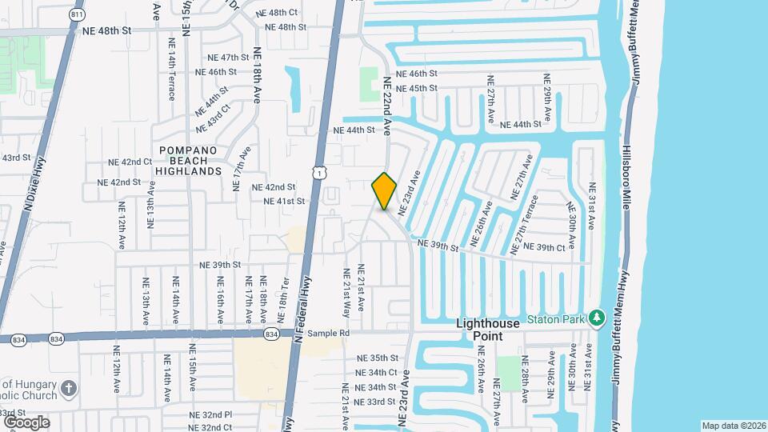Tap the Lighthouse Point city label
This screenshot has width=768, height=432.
tap(488, 330)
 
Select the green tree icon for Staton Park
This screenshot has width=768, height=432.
tap(596, 318)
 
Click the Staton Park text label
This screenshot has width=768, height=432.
tap(560, 319)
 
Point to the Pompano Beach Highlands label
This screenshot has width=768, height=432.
tap(189, 161)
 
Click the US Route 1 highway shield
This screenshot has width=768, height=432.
tap(319, 172)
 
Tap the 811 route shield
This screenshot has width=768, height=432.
tap(78, 14)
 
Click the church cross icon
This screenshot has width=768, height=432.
tap(70, 390)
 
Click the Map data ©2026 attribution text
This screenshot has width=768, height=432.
tap(734, 426)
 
